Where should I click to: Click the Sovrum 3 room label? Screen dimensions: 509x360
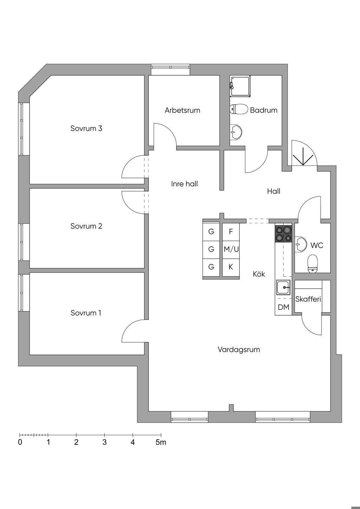(x=86, y=128)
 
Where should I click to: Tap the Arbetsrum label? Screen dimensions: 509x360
(x=182, y=110)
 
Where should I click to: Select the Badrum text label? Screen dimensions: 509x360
(x=264, y=110)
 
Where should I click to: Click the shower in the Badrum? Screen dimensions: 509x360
(x=240, y=86)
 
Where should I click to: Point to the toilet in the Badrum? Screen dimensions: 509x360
(x=239, y=109)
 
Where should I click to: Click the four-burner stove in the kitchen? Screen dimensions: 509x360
(x=283, y=234)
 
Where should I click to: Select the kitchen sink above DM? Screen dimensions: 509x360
(x=283, y=288)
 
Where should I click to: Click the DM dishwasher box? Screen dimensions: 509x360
(x=283, y=307)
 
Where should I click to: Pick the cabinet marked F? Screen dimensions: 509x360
(x=231, y=232)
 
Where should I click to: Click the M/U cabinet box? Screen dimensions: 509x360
(x=231, y=249)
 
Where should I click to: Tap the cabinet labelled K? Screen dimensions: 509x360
(x=231, y=267)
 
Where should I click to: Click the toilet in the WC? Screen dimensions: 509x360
(x=313, y=263)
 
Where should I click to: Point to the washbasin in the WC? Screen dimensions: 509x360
(x=300, y=244)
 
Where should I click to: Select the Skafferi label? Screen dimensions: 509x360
(x=308, y=299)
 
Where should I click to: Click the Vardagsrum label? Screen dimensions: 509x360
(x=239, y=349)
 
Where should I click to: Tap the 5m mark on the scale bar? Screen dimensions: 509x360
(x=161, y=442)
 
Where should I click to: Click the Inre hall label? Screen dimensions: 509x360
(x=185, y=183)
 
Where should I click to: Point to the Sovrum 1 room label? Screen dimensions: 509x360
(x=86, y=313)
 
